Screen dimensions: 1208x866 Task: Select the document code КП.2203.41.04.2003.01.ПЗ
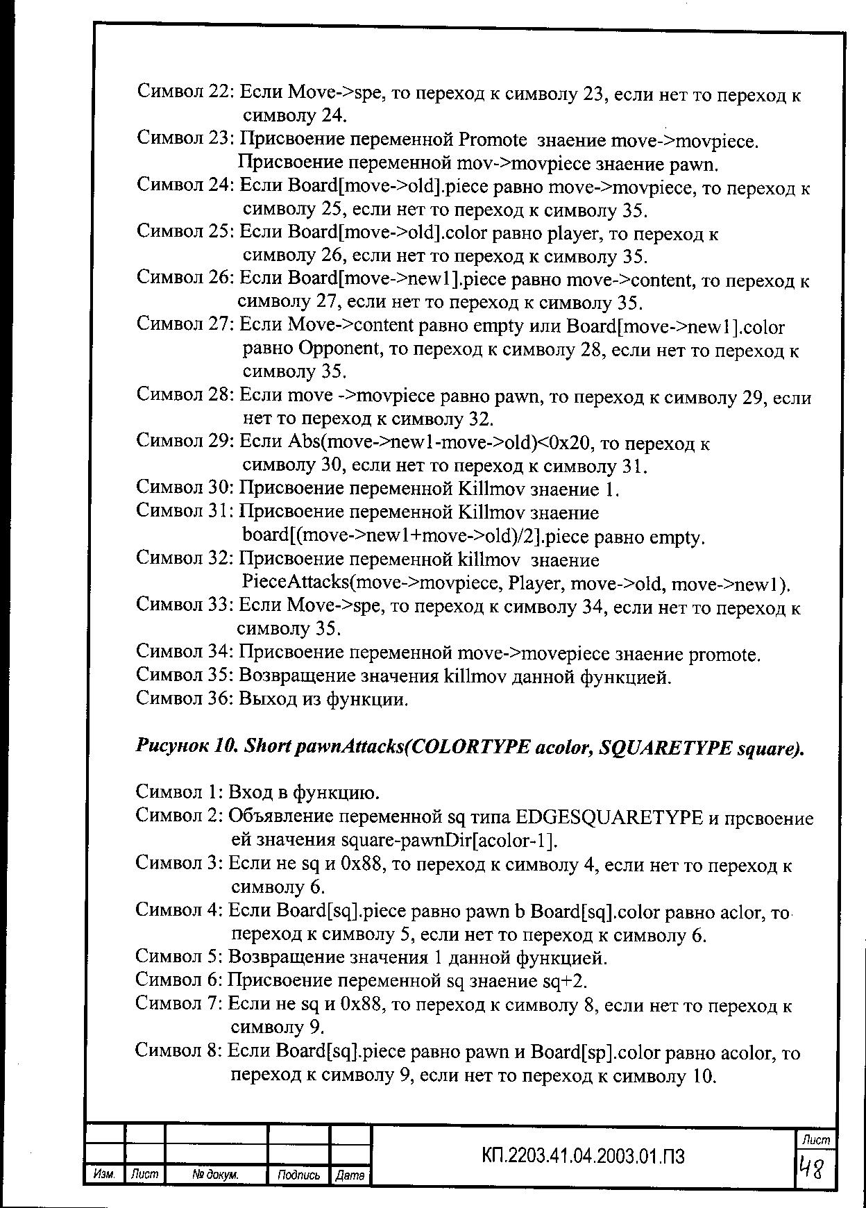point(583,1156)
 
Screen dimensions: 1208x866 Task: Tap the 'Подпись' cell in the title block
point(298,1175)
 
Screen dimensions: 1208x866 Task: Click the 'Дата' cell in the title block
point(350,1175)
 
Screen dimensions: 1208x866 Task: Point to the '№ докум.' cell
point(216,1175)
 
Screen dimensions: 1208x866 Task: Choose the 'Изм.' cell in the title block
point(103,1175)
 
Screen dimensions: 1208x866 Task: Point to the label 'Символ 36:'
point(185,698)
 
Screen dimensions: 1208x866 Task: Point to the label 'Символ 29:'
point(185,441)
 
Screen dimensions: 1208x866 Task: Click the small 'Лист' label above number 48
point(815,1140)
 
